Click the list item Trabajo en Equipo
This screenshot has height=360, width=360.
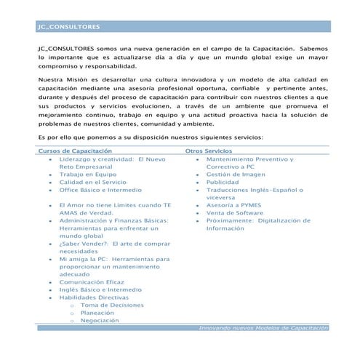click(87, 175)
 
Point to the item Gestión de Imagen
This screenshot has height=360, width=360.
click(234, 175)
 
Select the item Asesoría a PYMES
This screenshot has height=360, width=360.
click(233, 205)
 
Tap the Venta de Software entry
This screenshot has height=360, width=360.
click(235, 213)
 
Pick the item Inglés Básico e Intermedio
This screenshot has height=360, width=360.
click(100, 289)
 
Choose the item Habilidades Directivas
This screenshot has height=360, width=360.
click(94, 297)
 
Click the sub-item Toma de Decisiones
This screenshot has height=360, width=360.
click(113, 305)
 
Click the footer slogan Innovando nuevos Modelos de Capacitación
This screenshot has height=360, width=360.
click(263, 329)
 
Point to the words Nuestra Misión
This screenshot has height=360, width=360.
click(62, 79)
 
